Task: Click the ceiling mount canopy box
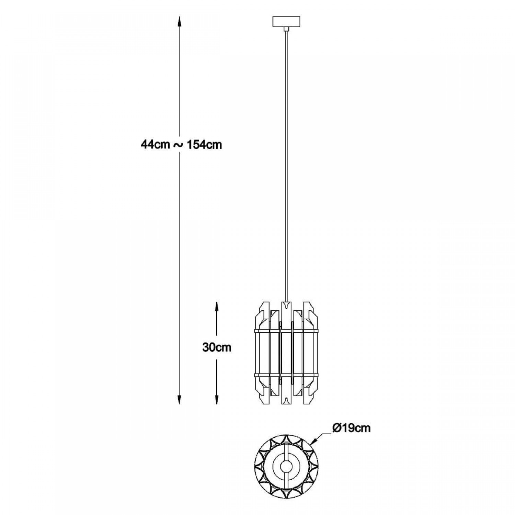[x=286, y=22]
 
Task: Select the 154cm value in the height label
[x=204, y=145]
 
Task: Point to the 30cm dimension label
[x=217, y=347]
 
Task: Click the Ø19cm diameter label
[x=351, y=428]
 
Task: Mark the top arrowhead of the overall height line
[x=179, y=22]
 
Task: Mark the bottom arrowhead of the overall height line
[x=179, y=399]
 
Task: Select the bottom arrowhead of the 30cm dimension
[x=217, y=399]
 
